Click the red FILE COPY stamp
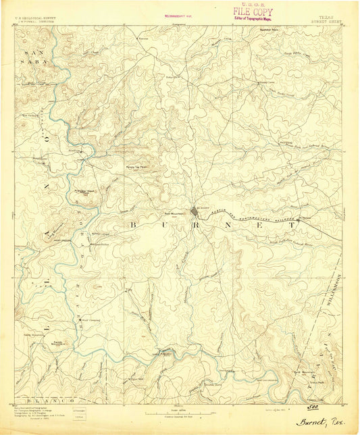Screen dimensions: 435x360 coord(254,11)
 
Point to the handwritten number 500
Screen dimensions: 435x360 coord(312,407)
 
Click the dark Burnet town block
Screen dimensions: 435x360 coord(196,215)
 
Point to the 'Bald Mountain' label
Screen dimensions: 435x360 coord(302,371)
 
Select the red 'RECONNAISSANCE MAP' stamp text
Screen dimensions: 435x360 coord(178,14)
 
